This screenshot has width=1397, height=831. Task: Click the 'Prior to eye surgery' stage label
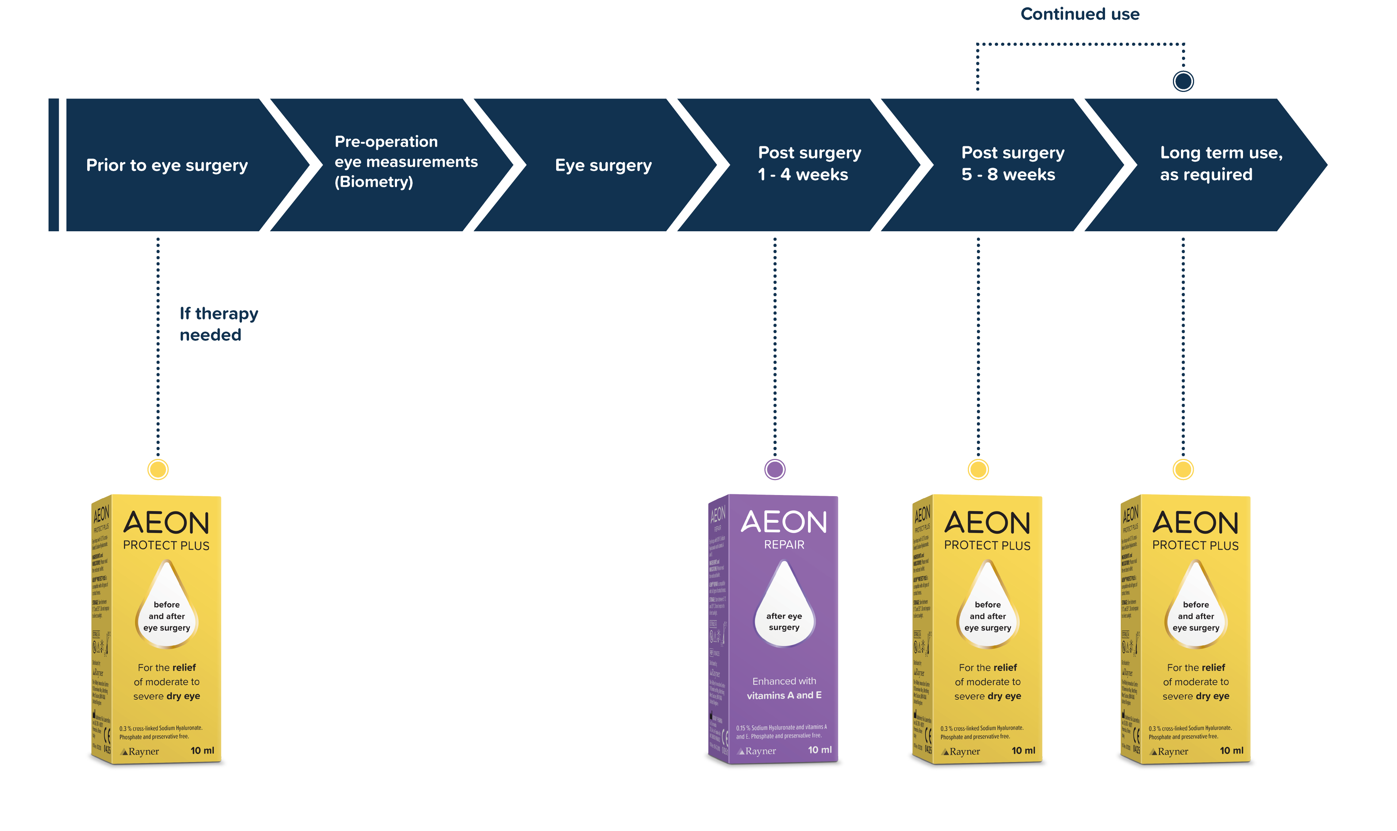click(167, 165)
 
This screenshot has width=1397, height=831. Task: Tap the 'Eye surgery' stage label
click(603, 165)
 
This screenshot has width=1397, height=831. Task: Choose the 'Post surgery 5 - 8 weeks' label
click(1012, 163)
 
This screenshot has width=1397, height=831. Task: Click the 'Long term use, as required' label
click(1221, 163)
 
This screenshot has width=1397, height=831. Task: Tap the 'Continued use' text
click(1079, 14)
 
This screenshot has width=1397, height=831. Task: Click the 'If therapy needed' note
click(219, 324)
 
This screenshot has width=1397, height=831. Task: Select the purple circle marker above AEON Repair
click(775, 469)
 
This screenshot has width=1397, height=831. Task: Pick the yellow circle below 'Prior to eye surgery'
click(158, 469)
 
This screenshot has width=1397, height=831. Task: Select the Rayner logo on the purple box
click(757, 751)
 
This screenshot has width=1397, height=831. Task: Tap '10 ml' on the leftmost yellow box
click(202, 750)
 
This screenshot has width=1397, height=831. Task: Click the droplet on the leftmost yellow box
click(166, 608)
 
